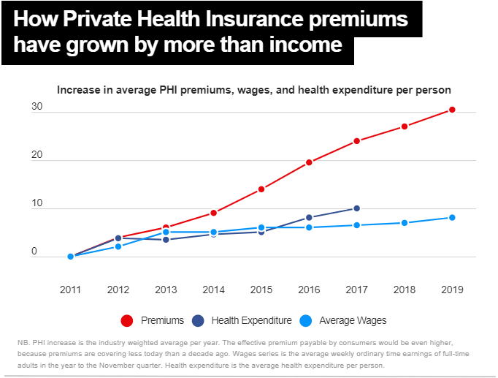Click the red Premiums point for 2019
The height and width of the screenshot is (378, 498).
[x=452, y=110]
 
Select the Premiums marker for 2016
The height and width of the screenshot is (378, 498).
[x=309, y=162]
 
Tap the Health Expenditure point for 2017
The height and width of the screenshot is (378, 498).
[x=356, y=208]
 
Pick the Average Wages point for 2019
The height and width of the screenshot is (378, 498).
[x=452, y=217]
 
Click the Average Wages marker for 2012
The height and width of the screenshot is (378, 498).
[x=118, y=246]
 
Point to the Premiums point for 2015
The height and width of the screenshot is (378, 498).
[x=261, y=189]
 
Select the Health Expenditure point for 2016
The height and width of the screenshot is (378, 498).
[x=309, y=217]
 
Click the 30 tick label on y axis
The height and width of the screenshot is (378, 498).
[x=37, y=107]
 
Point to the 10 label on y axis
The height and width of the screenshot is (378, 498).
[x=37, y=204]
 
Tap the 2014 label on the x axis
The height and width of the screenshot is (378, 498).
[x=213, y=290]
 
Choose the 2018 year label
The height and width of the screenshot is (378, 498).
[x=404, y=290]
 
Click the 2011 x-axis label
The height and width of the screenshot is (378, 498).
[x=71, y=290]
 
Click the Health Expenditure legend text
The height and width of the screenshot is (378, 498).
[x=251, y=320]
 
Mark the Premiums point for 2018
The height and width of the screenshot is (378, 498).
[x=404, y=126]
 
